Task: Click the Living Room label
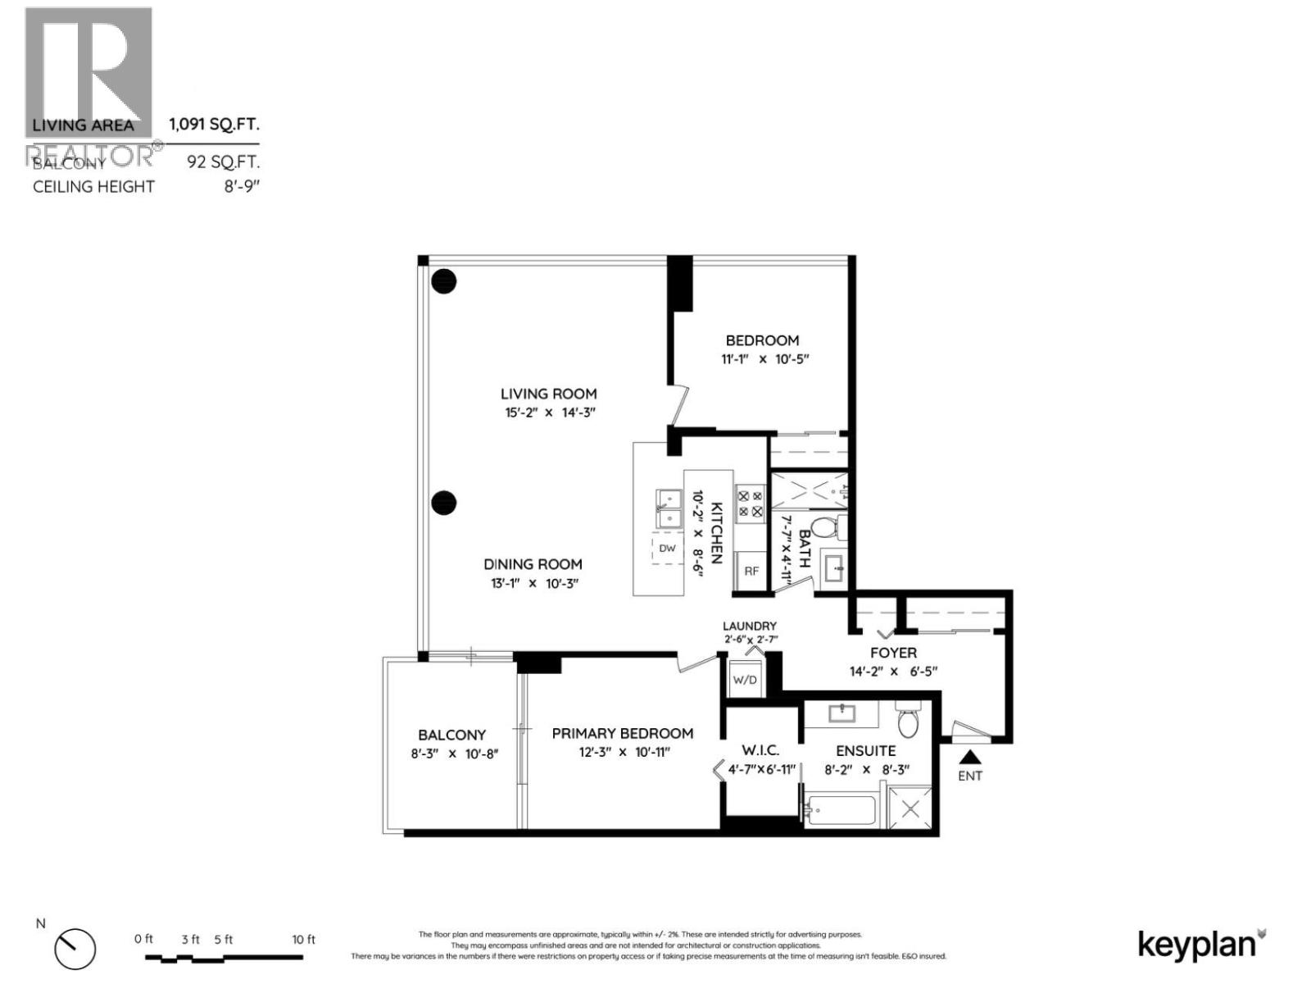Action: [548, 394]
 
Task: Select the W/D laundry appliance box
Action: [745, 680]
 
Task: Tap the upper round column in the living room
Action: [444, 281]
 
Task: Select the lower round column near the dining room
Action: [444, 503]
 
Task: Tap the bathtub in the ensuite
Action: [841, 811]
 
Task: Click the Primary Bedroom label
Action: [622, 734]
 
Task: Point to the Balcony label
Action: [451, 736]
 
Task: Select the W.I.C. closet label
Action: [760, 750]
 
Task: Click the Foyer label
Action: [893, 653]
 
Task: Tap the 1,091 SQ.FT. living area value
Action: [214, 125]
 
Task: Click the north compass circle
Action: [75, 950]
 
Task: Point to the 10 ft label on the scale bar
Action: [303, 940]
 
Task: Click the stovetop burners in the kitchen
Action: [751, 503]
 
